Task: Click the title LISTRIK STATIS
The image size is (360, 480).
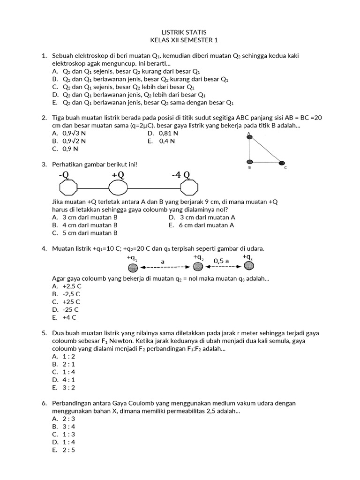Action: [x=180, y=32]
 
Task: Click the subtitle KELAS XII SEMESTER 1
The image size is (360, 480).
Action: [x=180, y=40]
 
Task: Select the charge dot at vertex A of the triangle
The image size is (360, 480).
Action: [x=250, y=137]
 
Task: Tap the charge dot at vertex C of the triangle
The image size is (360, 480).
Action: [x=282, y=163]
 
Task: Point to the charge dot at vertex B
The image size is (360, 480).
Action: [x=250, y=163]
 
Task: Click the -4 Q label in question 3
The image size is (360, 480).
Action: [x=180, y=175]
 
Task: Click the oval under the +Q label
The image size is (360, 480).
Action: [x=118, y=188]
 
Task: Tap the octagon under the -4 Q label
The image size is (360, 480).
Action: [x=189, y=188]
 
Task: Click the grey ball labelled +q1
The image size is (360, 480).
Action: [x=133, y=267]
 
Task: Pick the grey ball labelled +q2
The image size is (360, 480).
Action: [x=198, y=266]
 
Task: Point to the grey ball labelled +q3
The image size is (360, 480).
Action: [x=249, y=266]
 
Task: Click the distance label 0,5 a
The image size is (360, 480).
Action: [x=221, y=260]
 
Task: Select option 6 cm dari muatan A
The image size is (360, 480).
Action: [x=202, y=225]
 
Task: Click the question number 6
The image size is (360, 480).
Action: [x=44, y=403]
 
